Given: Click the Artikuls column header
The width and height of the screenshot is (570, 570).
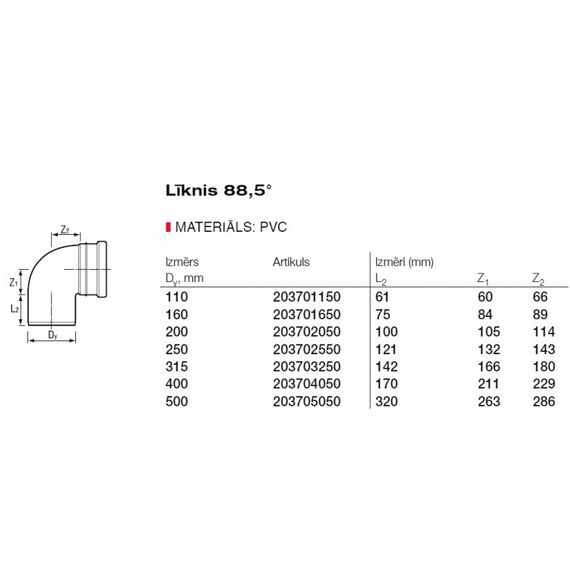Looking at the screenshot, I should click(291, 262).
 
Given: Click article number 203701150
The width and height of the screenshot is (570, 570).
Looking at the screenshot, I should click(306, 297).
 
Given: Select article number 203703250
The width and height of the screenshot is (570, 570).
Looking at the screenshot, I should click(306, 367).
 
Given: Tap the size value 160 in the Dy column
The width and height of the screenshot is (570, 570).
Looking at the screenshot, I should click(176, 315).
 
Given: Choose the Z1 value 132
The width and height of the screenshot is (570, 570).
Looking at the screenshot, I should click(487, 350).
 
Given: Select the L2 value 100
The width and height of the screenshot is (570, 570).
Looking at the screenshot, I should click(386, 332).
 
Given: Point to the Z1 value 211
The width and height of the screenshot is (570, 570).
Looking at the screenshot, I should click(487, 385).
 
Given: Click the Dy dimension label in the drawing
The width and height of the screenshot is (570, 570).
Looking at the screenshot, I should click(51, 334).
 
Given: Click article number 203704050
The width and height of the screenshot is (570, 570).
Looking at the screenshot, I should click(306, 385).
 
